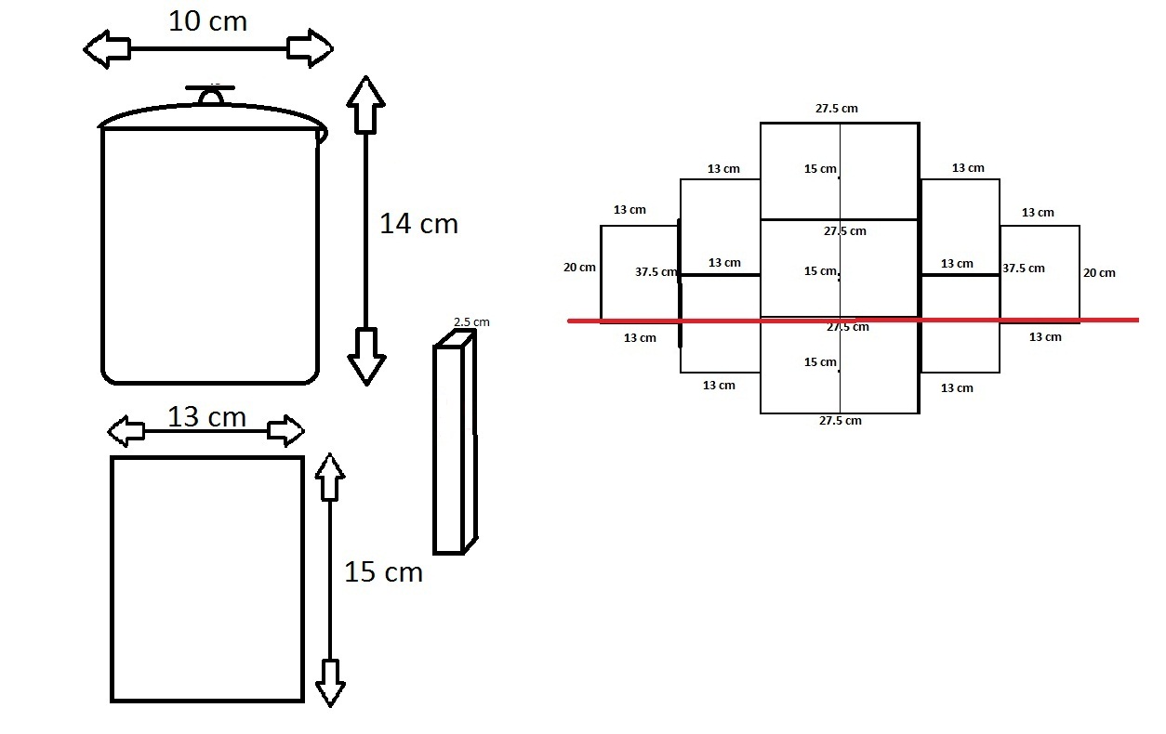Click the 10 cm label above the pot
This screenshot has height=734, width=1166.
(207, 20)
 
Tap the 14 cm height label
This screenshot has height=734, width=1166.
(418, 224)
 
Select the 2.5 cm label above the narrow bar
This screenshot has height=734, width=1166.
(471, 322)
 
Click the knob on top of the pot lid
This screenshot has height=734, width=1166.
(213, 95)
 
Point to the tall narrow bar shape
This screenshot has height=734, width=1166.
(454, 449)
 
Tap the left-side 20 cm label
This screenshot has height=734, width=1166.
(579, 268)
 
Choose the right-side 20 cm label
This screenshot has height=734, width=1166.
(1099, 273)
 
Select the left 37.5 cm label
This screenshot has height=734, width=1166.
(656, 272)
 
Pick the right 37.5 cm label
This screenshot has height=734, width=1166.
(1024, 269)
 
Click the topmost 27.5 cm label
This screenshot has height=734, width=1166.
(837, 109)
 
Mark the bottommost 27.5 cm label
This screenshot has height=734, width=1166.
(840, 421)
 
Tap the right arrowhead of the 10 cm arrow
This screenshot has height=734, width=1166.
(311, 48)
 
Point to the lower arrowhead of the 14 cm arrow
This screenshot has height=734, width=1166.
(365, 358)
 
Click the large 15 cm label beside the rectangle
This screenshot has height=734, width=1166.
(383, 572)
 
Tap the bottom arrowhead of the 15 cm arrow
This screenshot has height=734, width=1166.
(330, 683)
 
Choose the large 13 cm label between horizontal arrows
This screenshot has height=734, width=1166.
(206, 417)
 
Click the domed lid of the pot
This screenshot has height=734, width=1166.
(213, 115)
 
